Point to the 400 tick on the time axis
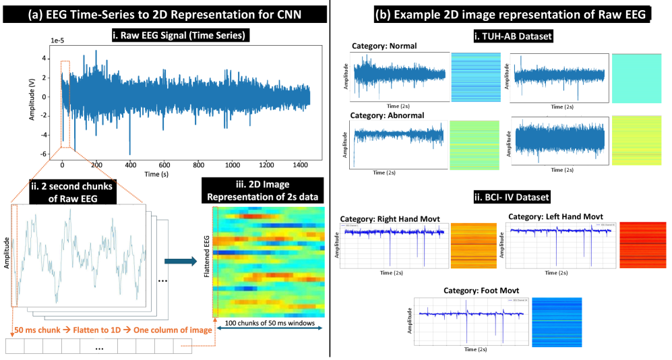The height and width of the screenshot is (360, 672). tap(131, 164)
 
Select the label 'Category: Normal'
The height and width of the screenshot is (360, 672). tap(384, 47)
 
